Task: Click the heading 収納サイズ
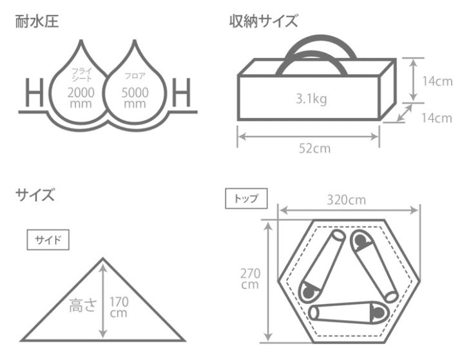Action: coord(264,22)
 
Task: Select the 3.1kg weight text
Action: coord(310,100)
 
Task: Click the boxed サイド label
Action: coord(48,240)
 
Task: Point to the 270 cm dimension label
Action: coord(249,278)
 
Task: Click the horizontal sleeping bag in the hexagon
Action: coord(348,312)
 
